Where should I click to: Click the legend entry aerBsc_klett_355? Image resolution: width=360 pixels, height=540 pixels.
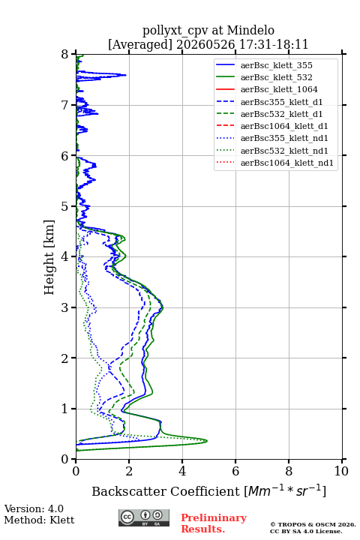[276, 65]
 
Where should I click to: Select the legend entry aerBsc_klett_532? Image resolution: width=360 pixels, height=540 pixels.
[276, 77]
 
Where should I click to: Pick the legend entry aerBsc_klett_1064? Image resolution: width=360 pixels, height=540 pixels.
[279, 89]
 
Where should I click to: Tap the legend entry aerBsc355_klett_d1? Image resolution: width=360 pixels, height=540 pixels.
[281, 102]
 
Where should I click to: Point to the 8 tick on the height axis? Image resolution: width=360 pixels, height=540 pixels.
[73, 54]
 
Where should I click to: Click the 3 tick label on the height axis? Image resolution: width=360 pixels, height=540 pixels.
[64, 307]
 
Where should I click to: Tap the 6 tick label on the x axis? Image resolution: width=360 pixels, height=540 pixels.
[235, 471]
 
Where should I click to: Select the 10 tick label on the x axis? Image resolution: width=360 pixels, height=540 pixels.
[341, 471]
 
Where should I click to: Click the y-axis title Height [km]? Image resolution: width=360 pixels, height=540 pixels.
[49, 257]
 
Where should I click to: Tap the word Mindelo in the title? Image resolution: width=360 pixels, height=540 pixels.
[250, 30]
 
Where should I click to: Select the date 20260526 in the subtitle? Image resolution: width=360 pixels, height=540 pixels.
[205, 44]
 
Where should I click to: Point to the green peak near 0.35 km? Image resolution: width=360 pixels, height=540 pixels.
[207, 441]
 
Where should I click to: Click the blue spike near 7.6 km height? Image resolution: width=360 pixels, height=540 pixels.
[125, 75]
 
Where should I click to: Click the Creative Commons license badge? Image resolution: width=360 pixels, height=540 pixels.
[144, 517]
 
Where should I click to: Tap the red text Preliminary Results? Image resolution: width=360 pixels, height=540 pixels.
[214, 523]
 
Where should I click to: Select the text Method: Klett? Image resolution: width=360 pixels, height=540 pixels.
[39, 520]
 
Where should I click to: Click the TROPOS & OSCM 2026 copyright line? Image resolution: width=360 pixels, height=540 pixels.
[313, 524]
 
